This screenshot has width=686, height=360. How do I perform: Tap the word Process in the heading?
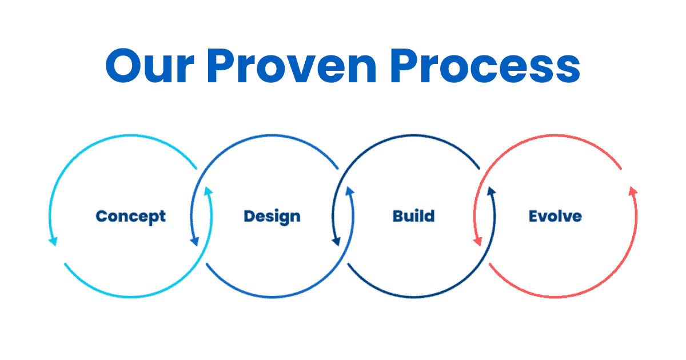[490, 67]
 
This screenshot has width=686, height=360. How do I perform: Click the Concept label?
[131, 217]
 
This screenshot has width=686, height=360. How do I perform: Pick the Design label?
[272, 217]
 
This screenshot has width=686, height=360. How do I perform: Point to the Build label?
[413, 217]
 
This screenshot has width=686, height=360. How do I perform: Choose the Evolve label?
[555, 217]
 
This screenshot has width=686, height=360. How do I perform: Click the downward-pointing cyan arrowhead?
[53, 241]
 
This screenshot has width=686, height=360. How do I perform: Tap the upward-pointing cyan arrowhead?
[209, 192]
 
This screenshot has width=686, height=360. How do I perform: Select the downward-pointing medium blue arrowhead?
[195, 241]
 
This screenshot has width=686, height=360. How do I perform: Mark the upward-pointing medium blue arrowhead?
[349, 192]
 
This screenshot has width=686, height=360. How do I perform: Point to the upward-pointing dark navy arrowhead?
[491, 192]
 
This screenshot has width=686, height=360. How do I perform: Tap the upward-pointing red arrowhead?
[632, 192]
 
